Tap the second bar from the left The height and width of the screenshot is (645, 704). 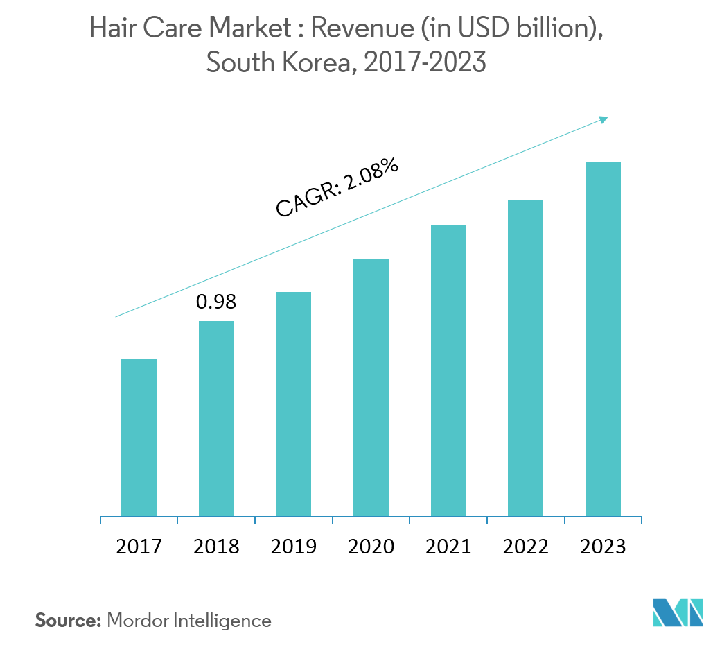point(216,418)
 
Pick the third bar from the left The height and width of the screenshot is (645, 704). point(293,404)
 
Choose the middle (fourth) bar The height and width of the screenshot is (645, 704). point(371,387)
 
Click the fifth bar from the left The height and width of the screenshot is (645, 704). point(448,370)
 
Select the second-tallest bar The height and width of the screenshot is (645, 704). point(525,358)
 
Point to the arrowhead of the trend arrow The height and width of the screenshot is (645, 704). point(604,119)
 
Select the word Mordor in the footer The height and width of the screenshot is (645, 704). point(137,620)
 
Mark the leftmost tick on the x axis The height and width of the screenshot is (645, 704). point(101,520)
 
